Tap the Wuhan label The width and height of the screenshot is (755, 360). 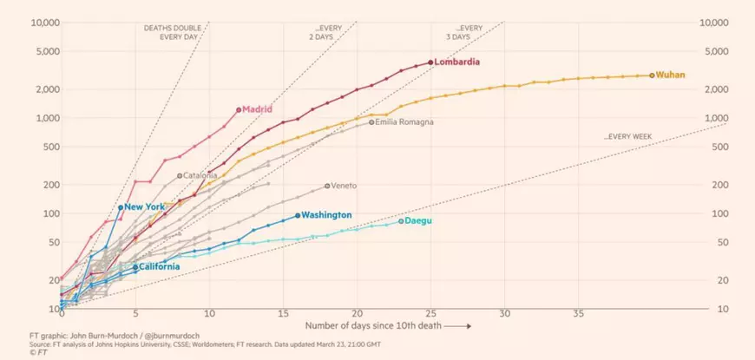point(671,75)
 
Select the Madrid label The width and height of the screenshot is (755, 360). point(257,109)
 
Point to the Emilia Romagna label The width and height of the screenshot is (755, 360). point(404,122)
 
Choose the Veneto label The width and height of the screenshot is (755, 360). point(344,186)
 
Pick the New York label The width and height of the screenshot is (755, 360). point(145,207)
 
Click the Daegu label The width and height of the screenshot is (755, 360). point(418,221)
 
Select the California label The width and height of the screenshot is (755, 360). point(160,266)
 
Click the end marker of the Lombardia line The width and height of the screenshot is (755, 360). point(430,62)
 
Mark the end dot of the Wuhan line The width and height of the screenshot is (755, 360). point(652,75)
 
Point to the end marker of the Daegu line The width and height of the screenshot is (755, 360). point(401,221)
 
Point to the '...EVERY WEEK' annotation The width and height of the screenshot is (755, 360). point(628,137)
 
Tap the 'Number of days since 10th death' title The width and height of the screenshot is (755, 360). point(373,325)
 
